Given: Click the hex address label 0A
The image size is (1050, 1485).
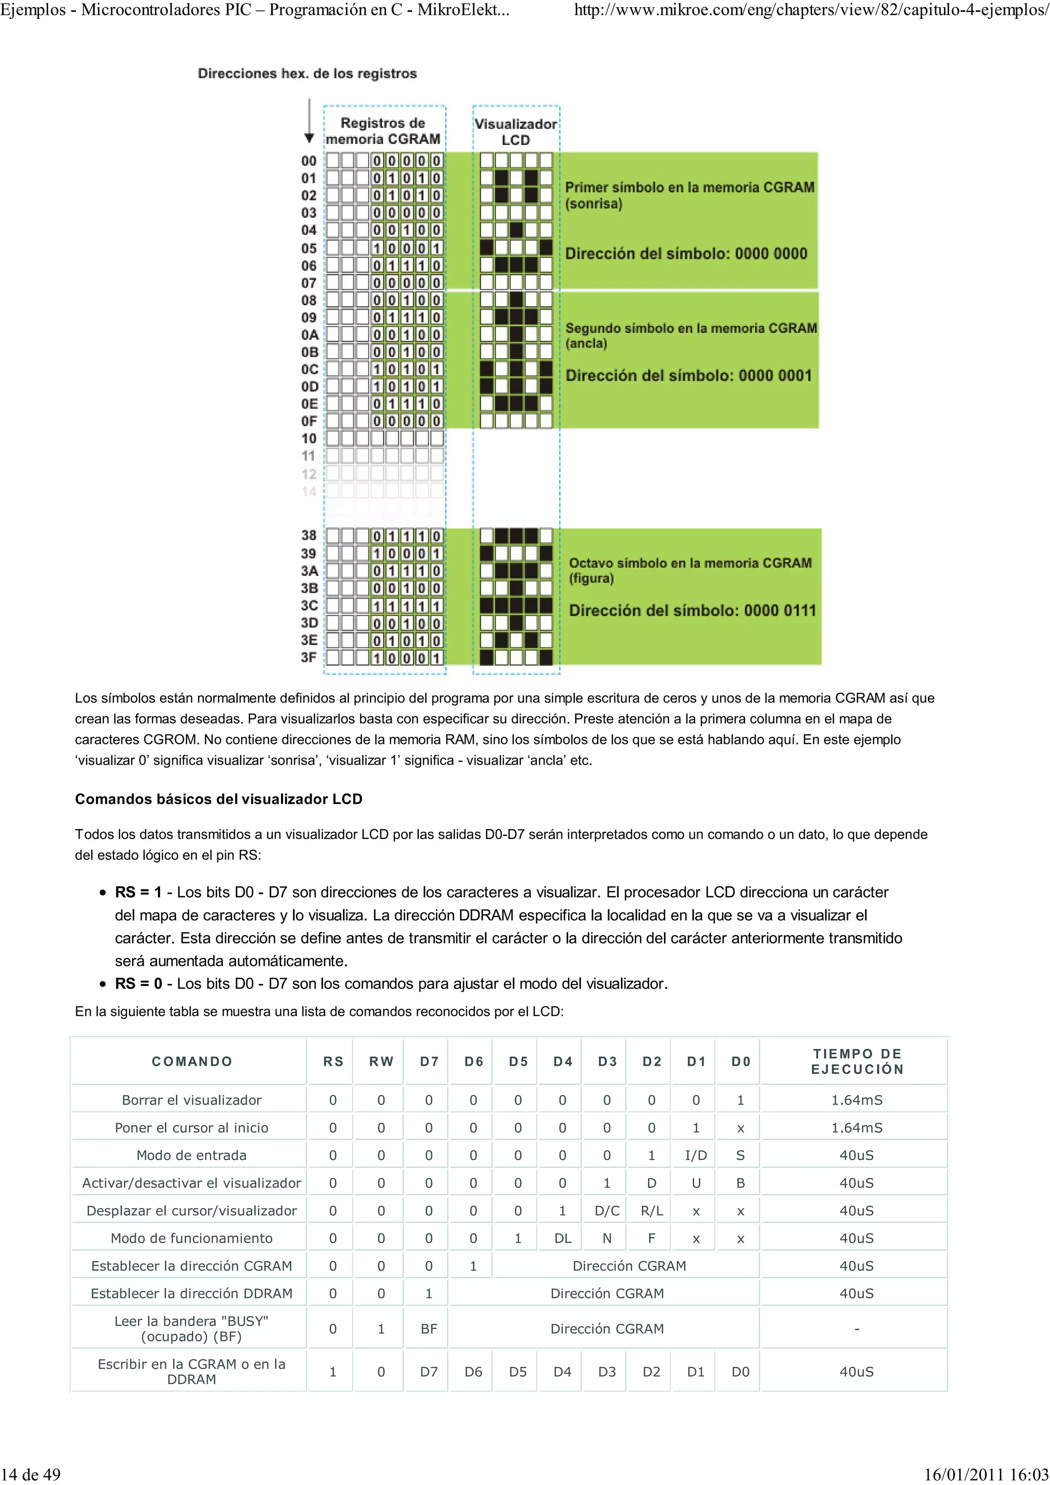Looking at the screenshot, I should tap(309, 335).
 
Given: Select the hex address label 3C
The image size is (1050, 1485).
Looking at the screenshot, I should tap(309, 605).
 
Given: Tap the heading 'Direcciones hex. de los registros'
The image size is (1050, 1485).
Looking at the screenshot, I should tap(307, 74).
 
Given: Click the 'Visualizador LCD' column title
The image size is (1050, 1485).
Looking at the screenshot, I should tap(516, 131).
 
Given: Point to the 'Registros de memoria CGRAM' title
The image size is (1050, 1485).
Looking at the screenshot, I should tap(383, 131).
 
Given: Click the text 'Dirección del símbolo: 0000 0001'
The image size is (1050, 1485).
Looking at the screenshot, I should tap(689, 376).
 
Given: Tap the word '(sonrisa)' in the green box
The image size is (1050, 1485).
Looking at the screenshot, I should tap(593, 204).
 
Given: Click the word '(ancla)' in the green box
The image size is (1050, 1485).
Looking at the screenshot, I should tap(586, 343).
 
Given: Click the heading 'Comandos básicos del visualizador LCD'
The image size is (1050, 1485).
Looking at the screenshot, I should tap(219, 799).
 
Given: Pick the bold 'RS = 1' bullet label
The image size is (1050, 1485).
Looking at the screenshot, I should tap(138, 892).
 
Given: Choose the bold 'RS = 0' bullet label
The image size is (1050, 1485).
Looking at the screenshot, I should tap(138, 984).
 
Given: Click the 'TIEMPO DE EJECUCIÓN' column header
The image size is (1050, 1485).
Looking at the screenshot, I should tap(857, 1061).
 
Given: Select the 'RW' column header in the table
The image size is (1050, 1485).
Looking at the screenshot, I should tap(381, 1061).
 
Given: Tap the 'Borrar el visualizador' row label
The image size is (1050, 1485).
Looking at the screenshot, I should tap(192, 1100).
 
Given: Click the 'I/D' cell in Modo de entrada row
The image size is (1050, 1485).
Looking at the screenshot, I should tap(696, 1155).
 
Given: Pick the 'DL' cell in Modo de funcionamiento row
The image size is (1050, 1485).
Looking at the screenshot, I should tap(562, 1238).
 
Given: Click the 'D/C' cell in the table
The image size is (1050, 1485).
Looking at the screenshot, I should tap(607, 1211).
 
